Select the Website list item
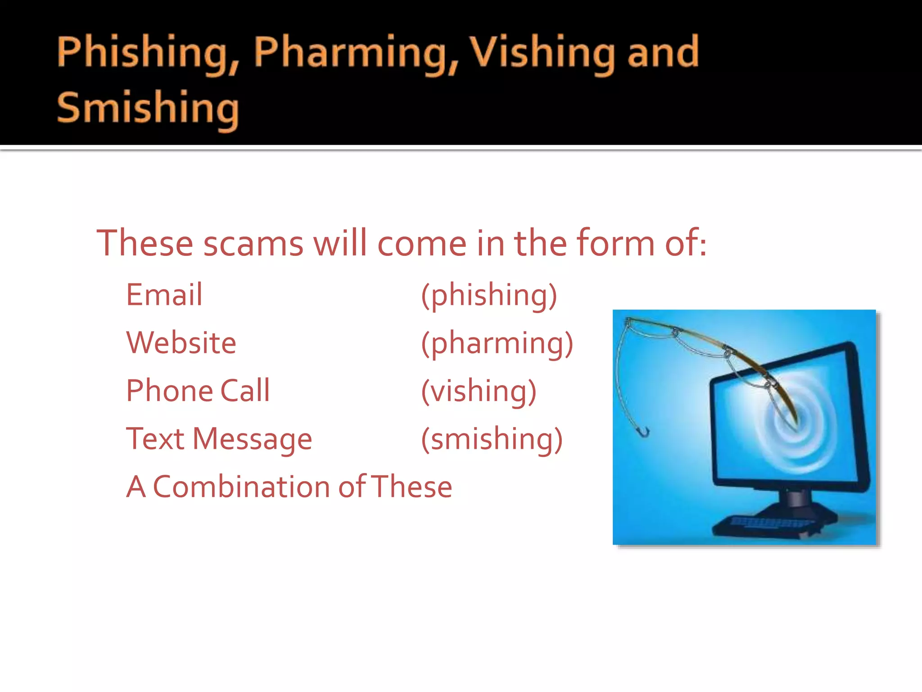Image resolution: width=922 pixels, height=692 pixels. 181,343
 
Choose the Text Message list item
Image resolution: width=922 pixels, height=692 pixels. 219,439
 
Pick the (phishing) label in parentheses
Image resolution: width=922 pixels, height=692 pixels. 489,296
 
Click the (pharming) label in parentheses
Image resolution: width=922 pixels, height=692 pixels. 497,344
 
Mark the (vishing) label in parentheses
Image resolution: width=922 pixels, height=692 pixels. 479,392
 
